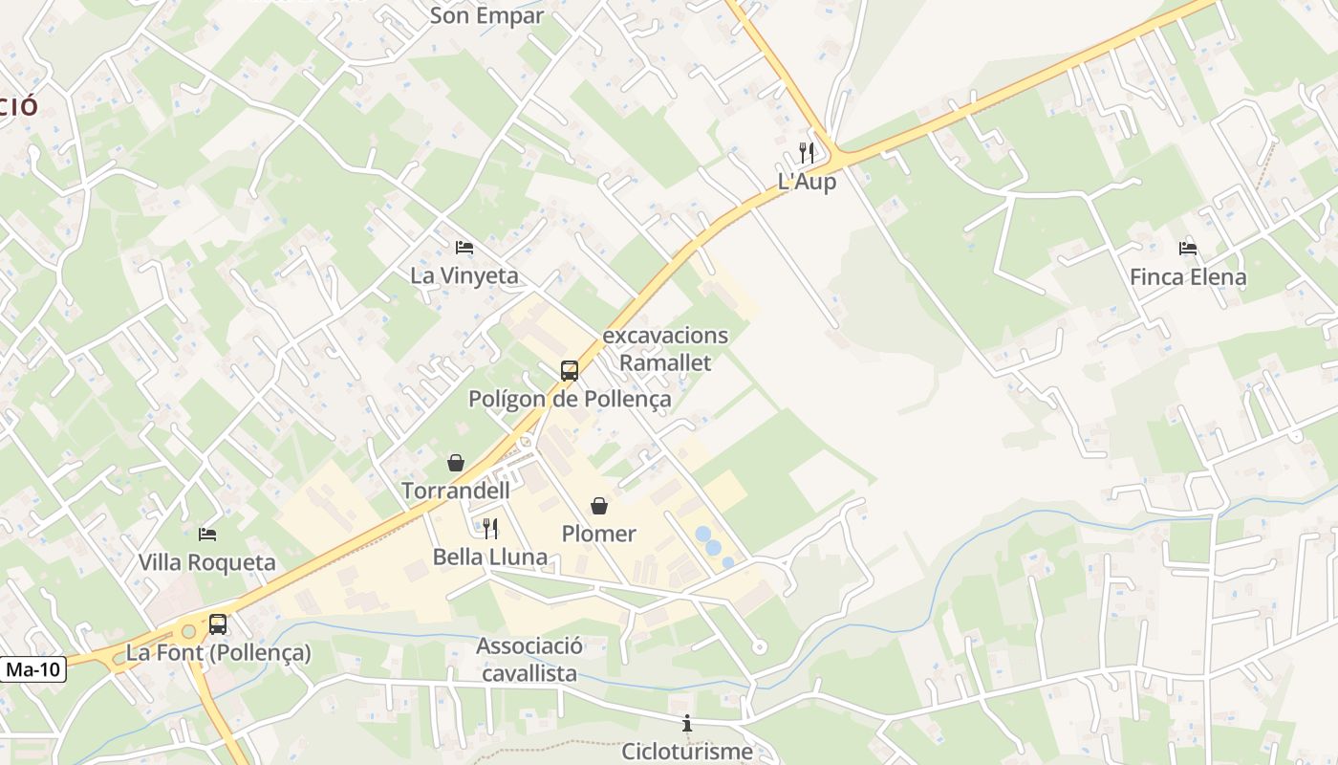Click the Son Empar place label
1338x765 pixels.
click(x=486, y=15)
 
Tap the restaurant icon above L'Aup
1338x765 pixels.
click(x=807, y=152)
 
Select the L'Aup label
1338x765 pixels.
click(x=807, y=182)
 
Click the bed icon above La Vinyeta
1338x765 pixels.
click(x=464, y=248)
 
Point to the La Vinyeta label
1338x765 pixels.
click(x=464, y=275)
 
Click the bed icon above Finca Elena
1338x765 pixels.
click(x=1188, y=249)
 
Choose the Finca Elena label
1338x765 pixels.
click(x=1188, y=277)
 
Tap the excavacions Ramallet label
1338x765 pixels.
click(x=665, y=349)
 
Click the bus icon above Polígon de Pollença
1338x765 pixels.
click(x=570, y=371)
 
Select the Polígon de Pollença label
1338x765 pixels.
click(x=570, y=399)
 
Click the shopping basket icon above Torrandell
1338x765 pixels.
click(x=456, y=463)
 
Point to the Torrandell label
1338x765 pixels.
click(x=456, y=491)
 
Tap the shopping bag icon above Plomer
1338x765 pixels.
click(x=599, y=505)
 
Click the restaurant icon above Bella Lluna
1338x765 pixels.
click(x=490, y=528)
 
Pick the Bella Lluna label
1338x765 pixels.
click(x=490, y=557)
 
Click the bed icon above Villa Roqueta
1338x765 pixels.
click(x=207, y=534)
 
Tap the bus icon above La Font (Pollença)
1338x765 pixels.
click(x=218, y=624)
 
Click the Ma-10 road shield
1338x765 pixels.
click(x=33, y=669)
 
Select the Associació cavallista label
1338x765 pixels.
click(x=529, y=660)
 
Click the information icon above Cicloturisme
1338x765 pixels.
click(x=686, y=724)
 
